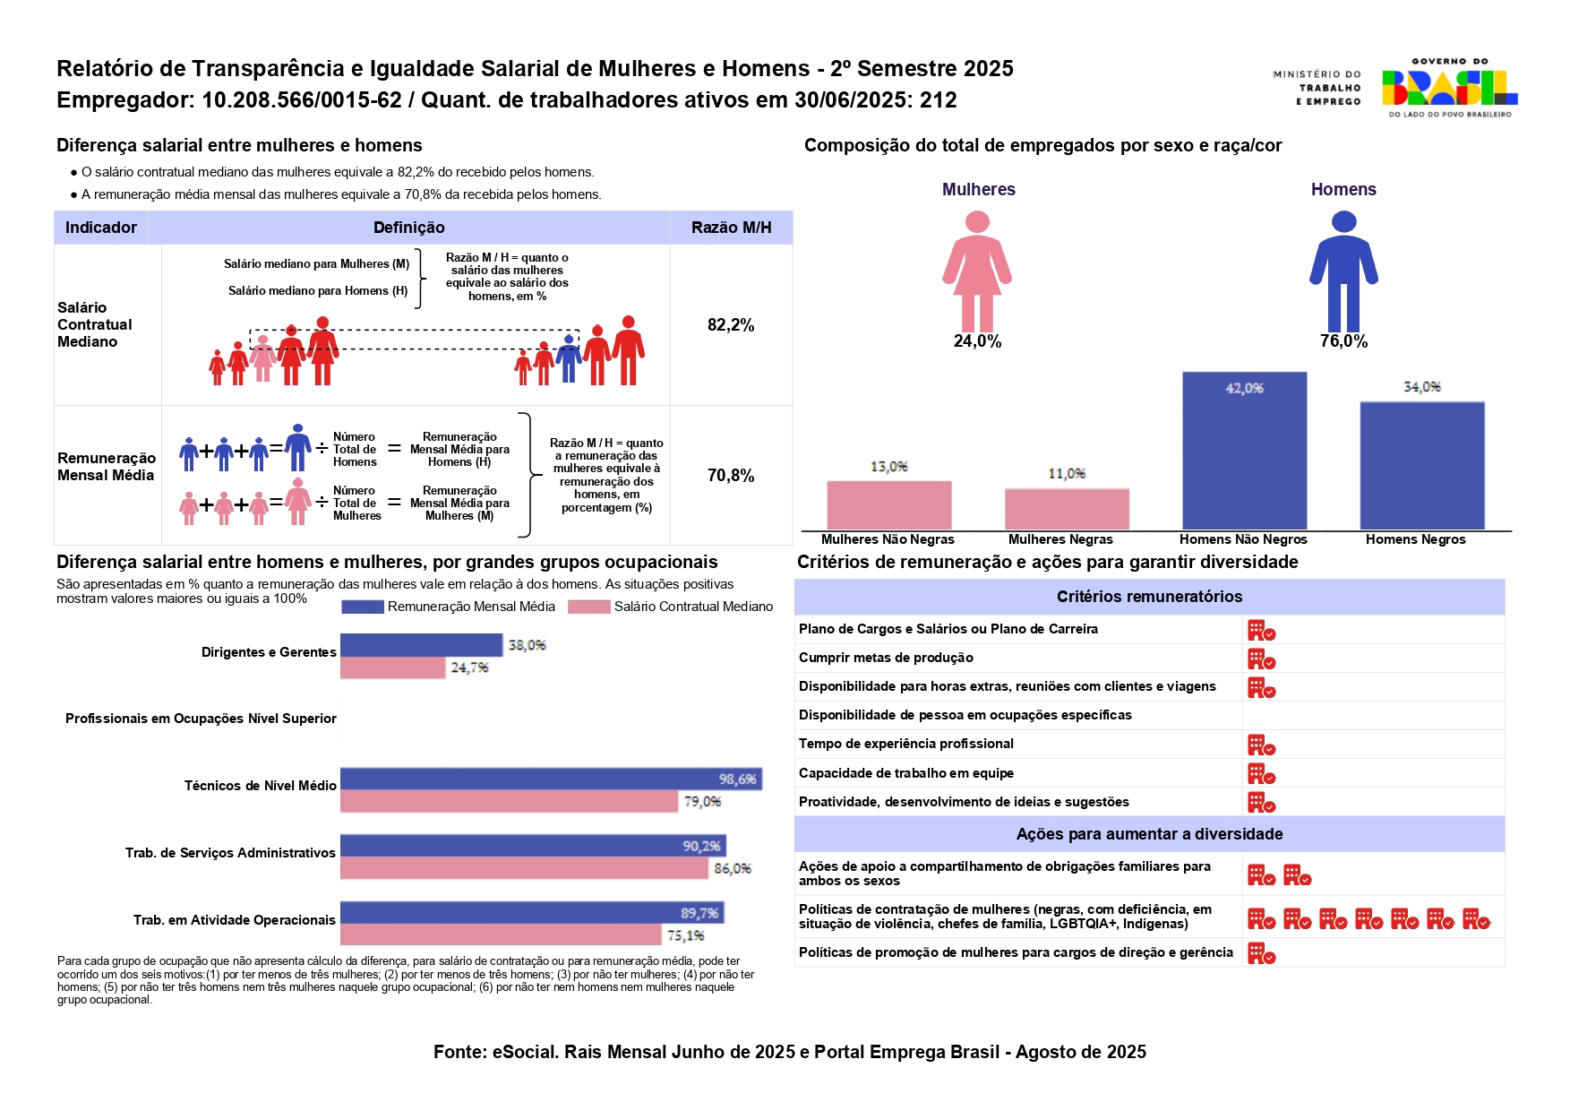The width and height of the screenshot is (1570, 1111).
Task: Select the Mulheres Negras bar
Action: [1067, 509]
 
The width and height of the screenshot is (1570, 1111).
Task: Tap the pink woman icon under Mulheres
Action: [977, 271]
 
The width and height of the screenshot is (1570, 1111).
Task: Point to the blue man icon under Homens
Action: [1343, 271]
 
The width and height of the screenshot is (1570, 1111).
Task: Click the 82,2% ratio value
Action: [731, 325]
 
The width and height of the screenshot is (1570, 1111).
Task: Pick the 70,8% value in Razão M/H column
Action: [731, 476]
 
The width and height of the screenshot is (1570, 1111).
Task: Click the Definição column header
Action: [408, 228]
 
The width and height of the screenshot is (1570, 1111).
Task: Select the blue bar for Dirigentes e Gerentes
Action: [421, 645]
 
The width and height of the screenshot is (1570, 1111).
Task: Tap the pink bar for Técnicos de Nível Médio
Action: [509, 801]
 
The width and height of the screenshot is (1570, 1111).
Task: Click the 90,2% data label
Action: [701, 846]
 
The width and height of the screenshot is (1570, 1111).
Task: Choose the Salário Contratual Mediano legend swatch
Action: [589, 607]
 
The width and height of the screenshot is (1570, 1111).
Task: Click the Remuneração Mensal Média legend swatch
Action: [363, 607]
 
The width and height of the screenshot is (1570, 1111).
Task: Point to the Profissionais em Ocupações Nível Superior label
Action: [201, 719]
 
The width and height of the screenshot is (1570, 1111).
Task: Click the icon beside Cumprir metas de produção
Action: [1261, 659]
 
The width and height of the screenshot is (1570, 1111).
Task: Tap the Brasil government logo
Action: [1449, 88]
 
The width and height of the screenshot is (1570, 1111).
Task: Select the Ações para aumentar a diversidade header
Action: [1149, 834]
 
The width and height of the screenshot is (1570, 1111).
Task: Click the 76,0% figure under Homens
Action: [1343, 341]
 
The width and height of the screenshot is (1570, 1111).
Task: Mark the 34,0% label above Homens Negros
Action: [1421, 387]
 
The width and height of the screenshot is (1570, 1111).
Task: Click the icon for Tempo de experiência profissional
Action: [1261, 745]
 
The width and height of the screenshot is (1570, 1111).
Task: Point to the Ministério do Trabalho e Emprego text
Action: [1317, 88]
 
